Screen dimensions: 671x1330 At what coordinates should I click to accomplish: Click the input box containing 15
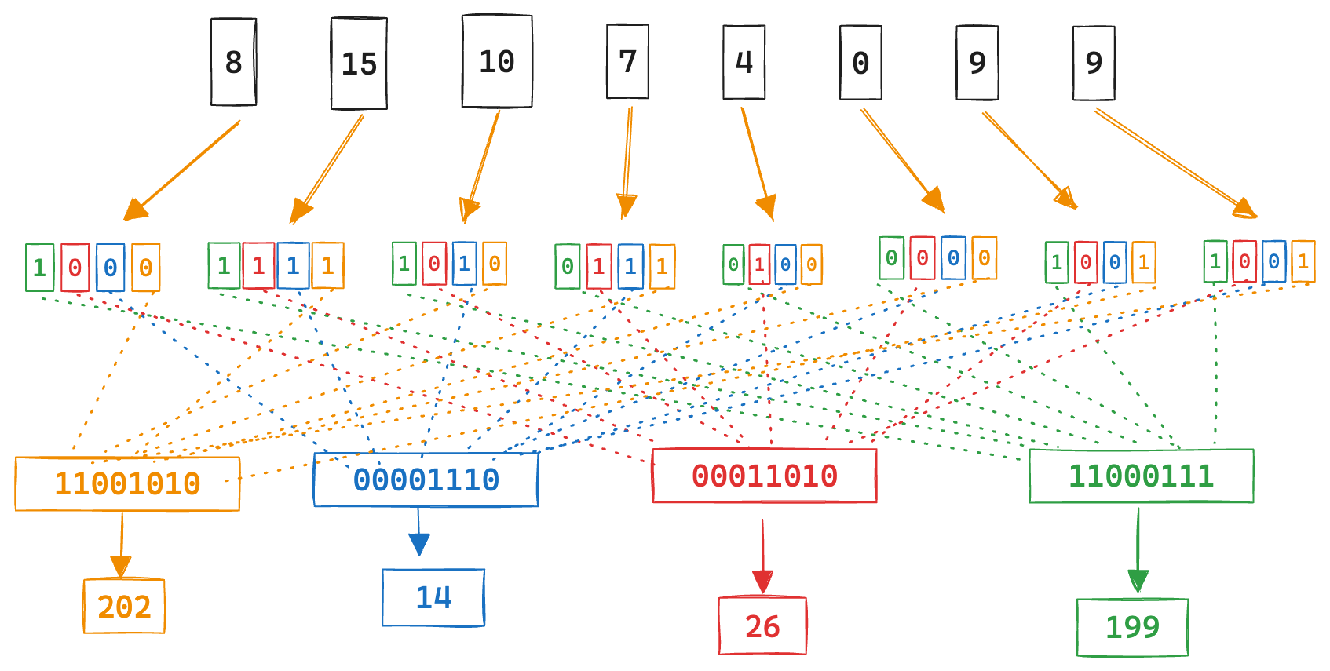pos(359,64)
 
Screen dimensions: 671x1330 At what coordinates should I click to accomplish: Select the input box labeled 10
pos(497,61)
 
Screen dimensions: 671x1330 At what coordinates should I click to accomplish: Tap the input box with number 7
pos(627,61)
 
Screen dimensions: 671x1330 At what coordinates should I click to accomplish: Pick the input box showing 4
pos(744,62)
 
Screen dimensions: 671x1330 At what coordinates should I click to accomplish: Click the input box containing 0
pos(860,63)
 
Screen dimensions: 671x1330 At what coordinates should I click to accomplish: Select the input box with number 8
pos(233,62)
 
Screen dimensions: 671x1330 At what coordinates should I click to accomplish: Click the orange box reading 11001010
pos(127,483)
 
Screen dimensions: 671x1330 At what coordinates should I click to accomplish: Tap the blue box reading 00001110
pos(426,480)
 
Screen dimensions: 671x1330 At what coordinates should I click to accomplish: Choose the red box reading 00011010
pos(764,476)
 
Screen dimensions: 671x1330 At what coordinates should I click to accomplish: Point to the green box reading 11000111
pos(1141,476)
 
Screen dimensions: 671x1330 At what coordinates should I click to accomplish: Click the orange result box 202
pos(124,606)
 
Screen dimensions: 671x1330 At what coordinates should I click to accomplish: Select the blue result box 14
pos(433,598)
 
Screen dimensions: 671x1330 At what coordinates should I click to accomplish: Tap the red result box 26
pos(762,625)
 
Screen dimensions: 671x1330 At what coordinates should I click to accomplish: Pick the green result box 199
pos(1132,627)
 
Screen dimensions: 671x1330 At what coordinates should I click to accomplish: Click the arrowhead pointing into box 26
pos(762,582)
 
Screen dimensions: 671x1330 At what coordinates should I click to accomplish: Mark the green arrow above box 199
pos(1138,549)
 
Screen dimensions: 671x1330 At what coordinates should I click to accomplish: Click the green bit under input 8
pos(39,268)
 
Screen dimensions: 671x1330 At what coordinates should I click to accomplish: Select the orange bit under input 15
pos(327,265)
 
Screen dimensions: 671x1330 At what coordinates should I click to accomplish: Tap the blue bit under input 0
pos(953,258)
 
